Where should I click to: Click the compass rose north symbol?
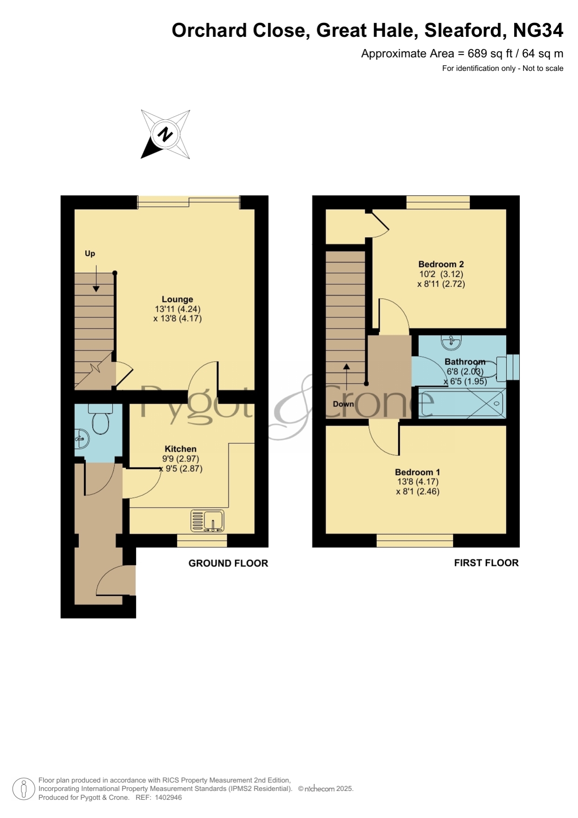(165, 134)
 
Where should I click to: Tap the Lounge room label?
(177, 299)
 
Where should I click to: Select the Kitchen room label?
(181, 449)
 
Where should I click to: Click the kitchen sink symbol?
(207, 521)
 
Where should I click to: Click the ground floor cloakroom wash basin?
(82, 439)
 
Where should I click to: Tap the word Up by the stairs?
(90, 254)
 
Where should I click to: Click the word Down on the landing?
(343, 404)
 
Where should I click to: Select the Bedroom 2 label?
(441, 264)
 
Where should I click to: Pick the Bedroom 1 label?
(417, 472)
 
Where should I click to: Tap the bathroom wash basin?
(451, 343)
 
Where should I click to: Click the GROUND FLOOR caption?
(228, 563)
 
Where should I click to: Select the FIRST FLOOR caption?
(486, 563)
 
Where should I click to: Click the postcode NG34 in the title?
(538, 30)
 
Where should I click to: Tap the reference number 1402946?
(168, 797)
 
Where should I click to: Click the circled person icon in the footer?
(23, 789)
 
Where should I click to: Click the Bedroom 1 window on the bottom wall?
(415, 541)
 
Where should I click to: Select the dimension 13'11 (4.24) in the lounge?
(177, 309)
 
